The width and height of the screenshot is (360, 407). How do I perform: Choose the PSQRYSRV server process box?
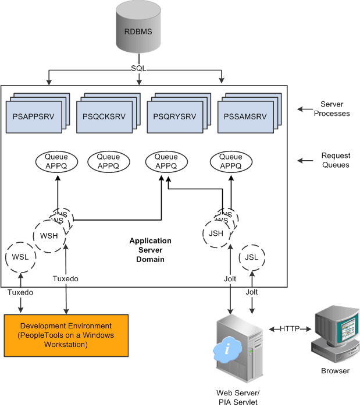point(174,116)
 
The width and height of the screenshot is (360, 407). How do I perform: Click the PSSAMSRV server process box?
point(245,116)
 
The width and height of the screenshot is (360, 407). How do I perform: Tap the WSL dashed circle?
point(20,256)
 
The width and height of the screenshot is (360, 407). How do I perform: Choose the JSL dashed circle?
point(251,257)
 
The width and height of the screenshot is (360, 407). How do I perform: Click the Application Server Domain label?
point(150,250)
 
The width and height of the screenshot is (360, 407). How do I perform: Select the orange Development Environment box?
point(66,335)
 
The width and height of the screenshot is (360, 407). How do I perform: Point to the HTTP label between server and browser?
point(289,329)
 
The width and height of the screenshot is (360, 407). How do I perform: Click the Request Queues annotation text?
point(335,161)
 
